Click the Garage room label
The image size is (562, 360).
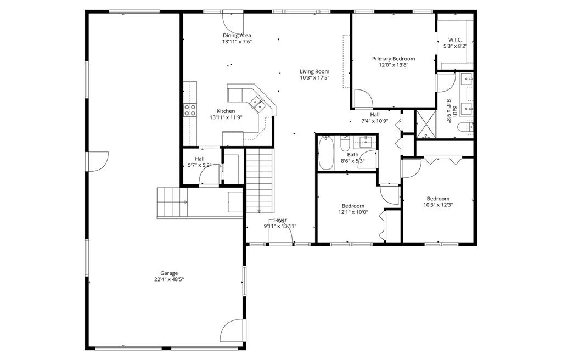(169, 273)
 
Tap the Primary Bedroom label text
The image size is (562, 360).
(393, 59)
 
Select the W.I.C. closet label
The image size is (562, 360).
(455, 40)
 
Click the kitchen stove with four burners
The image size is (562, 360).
(190, 110)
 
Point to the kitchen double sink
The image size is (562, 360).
(257, 103)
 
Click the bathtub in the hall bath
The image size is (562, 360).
(326, 153)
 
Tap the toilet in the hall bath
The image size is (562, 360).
(345, 143)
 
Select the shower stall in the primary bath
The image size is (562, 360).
(425, 124)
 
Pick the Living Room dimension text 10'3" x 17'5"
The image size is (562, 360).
(314, 77)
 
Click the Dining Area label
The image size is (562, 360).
(237, 36)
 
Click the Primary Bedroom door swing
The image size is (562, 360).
(363, 99)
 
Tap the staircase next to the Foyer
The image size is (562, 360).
(259, 181)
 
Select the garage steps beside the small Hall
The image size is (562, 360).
(172, 203)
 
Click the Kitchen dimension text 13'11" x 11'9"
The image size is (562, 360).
(226, 117)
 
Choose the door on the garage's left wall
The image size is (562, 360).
(97, 162)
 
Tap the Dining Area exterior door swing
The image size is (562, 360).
(233, 22)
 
